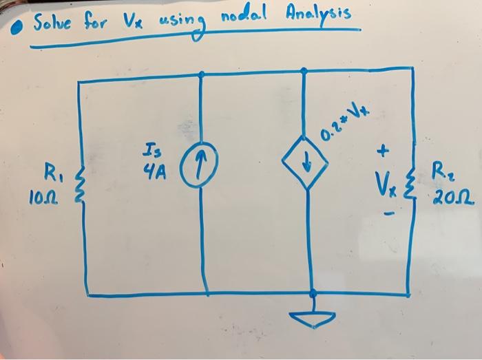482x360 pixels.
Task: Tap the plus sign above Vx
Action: pos(384,149)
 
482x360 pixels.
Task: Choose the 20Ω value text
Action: pos(450,200)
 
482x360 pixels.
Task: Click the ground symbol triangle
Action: pos(313,319)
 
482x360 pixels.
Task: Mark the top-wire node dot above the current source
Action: pos(202,73)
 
